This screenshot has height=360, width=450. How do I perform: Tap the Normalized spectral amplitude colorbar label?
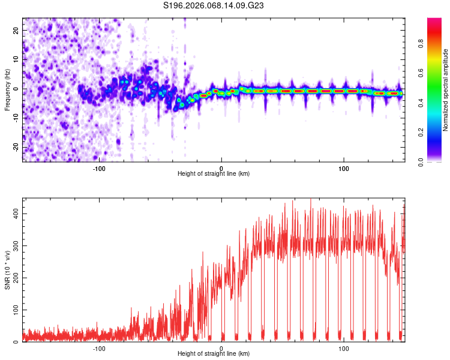coord(446,90)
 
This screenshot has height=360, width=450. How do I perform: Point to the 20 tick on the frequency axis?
coord(17,30)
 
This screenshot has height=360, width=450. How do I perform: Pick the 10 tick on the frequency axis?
coord(17,59)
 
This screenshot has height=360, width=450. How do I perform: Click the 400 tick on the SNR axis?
coord(15,214)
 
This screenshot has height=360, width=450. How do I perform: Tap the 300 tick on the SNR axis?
coord(15,246)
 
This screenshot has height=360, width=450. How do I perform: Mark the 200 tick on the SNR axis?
coord(15,278)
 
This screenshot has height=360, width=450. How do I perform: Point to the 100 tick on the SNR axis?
coord(15,310)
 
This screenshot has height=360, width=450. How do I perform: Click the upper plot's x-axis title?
coord(214,174)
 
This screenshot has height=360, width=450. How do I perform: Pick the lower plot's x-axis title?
coord(214,354)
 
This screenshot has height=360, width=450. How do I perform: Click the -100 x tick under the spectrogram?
coord(99,169)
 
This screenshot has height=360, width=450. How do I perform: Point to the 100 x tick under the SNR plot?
coord(344,349)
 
